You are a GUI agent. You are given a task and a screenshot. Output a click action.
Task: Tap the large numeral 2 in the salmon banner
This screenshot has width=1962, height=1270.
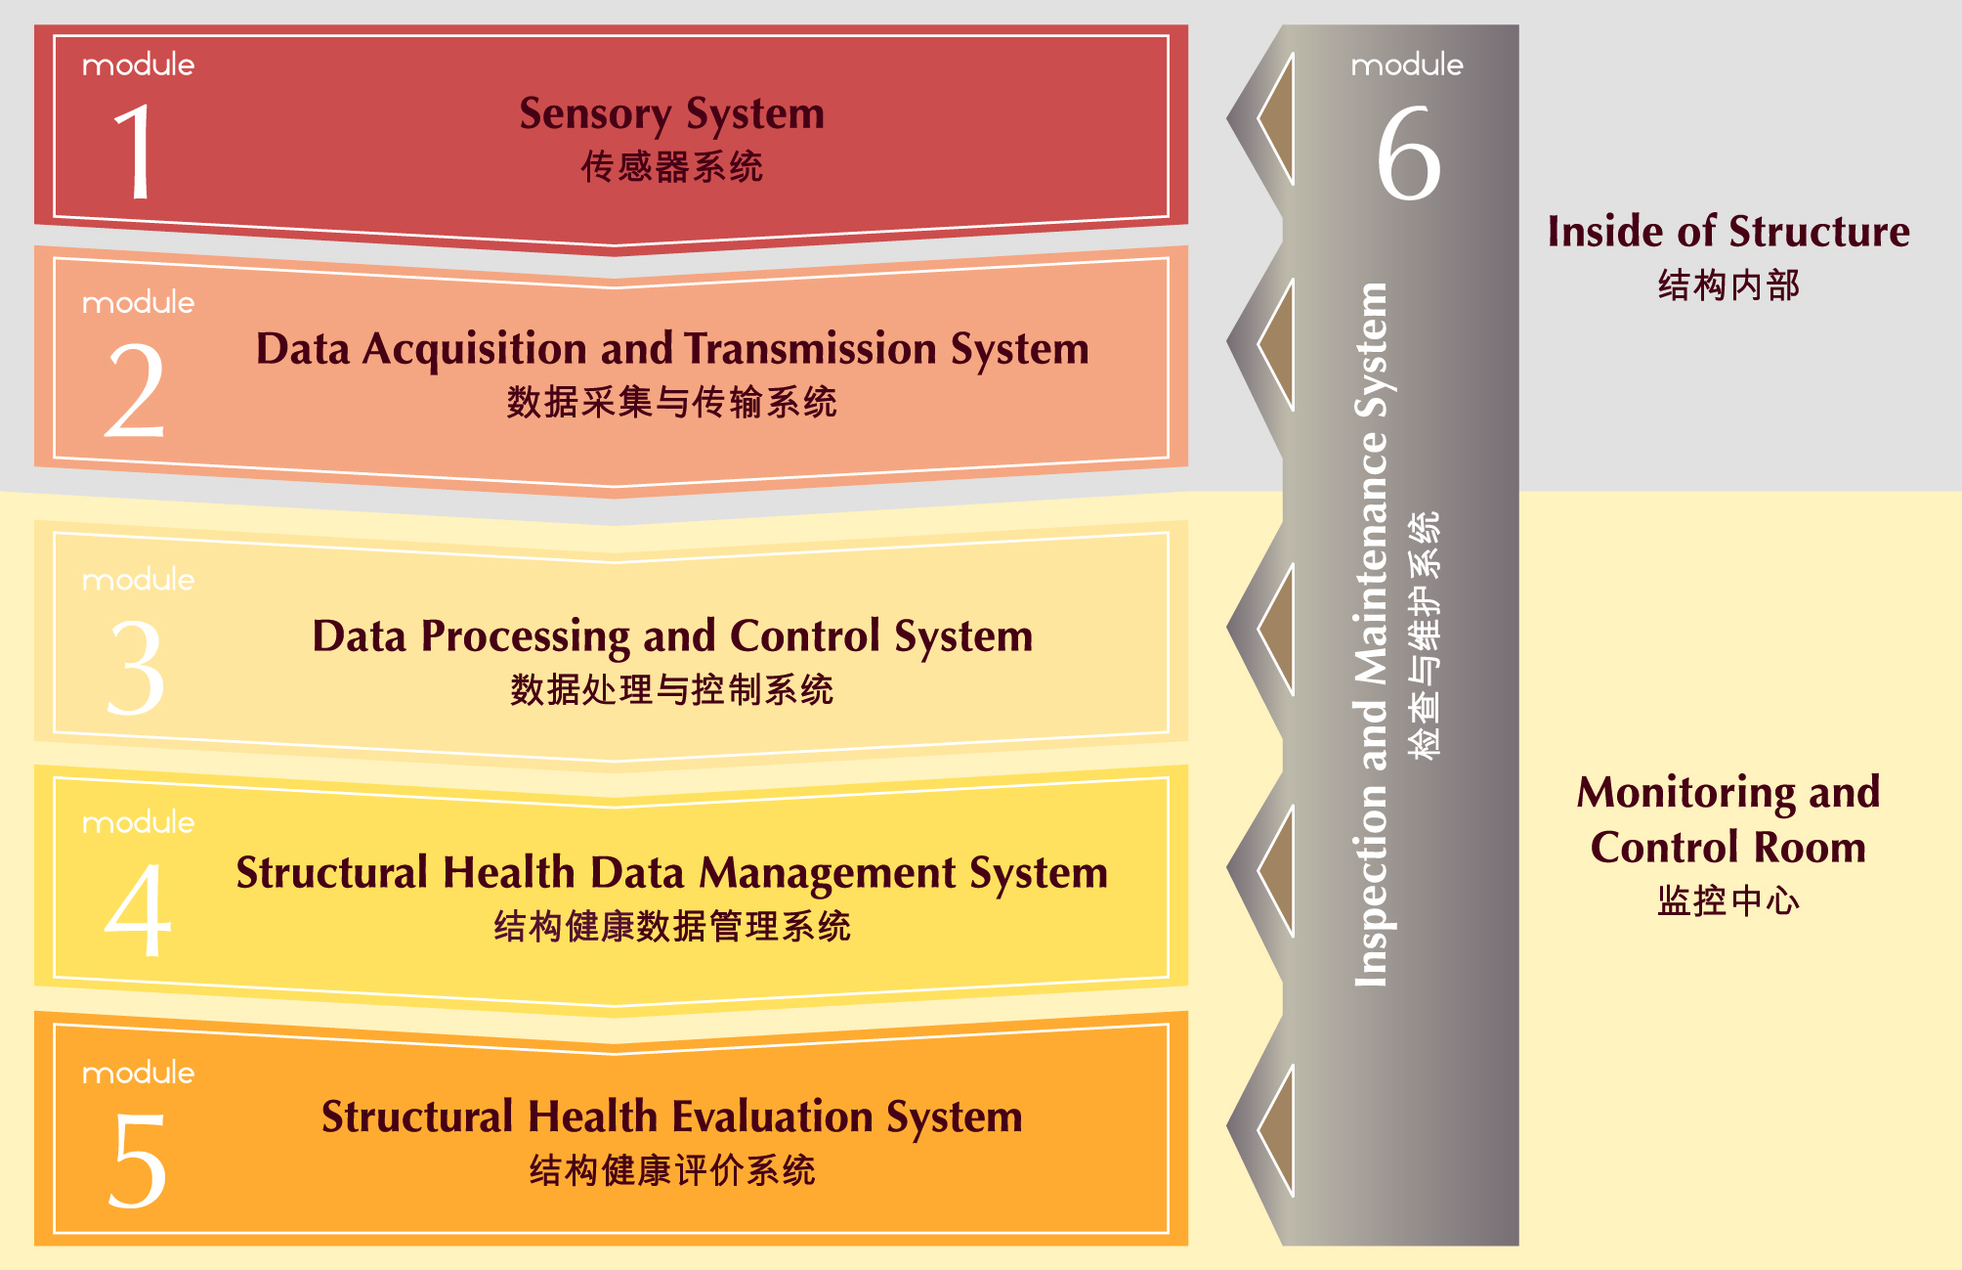(135, 389)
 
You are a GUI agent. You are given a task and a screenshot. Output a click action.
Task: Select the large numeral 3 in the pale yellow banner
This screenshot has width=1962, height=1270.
(136, 667)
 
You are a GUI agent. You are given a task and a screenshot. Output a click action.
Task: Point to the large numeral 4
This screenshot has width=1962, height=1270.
(138, 909)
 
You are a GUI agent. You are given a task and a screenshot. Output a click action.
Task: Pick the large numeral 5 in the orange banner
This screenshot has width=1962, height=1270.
(136, 1160)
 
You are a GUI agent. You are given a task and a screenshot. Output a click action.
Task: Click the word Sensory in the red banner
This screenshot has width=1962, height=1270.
(595, 115)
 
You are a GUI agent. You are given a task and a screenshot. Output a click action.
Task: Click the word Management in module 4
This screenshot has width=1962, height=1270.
(829, 874)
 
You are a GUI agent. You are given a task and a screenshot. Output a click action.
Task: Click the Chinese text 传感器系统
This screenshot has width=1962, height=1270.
(672, 167)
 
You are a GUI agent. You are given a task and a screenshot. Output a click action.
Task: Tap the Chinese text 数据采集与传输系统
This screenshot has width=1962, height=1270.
(672, 402)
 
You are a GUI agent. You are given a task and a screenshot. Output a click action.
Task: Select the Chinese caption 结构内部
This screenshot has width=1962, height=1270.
(1728, 285)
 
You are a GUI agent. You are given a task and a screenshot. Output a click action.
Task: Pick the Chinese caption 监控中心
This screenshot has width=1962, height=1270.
(1728, 900)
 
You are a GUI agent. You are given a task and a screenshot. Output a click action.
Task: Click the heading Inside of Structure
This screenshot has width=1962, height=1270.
(1728, 233)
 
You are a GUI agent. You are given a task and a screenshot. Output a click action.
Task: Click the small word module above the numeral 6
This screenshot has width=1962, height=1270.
(1407, 66)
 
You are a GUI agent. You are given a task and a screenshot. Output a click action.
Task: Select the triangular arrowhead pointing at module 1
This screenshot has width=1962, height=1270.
(1276, 119)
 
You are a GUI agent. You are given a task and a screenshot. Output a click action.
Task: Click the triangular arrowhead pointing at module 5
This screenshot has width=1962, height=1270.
(1276, 1130)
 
